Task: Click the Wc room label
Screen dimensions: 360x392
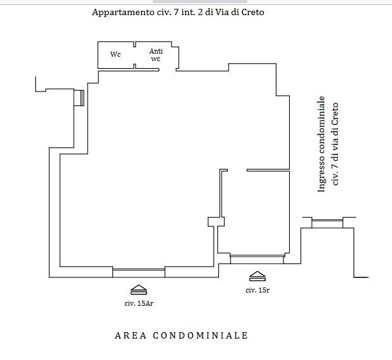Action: point(116,54)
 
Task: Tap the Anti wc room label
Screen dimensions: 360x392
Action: point(155,55)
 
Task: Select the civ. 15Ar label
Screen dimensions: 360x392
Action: point(138,303)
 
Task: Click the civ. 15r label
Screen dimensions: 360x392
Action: point(258,290)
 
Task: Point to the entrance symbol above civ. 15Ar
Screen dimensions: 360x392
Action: point(138,289)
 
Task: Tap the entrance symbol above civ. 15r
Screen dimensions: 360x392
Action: point(258,276)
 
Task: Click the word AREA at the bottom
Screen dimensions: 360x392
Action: point(131,335)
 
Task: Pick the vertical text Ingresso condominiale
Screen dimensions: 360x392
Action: point(321,144)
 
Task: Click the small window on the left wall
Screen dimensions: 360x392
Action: point(80,98)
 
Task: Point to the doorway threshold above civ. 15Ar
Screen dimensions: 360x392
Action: point(138,272)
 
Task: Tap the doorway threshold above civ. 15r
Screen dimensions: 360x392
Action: point(256,258)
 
